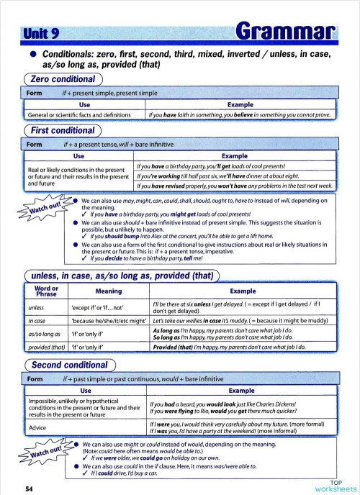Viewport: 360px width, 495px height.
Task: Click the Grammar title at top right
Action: click(287, 31)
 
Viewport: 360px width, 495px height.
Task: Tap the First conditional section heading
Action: click(64, 130)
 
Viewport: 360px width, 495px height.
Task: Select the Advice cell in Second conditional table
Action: click(37, 427)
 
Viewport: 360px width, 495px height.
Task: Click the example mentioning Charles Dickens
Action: click(228, 404)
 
